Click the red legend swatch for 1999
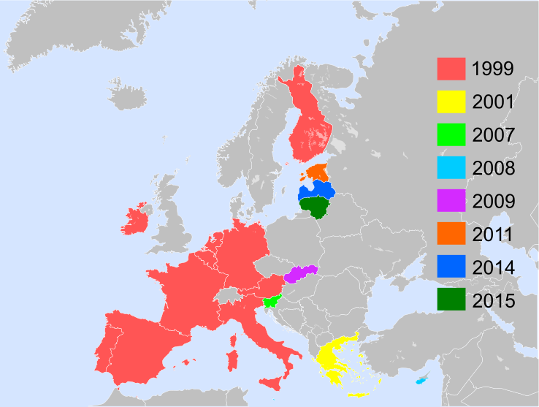451,69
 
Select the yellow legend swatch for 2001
451,102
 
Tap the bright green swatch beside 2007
451,135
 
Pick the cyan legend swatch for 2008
451,168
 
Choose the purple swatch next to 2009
451,201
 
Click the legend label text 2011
493,235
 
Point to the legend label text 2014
493,267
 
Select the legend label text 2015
493,300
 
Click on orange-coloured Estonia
319,172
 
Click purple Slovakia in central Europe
301,274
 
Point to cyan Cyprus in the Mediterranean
421,381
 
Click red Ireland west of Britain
135,220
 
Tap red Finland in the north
310,124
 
